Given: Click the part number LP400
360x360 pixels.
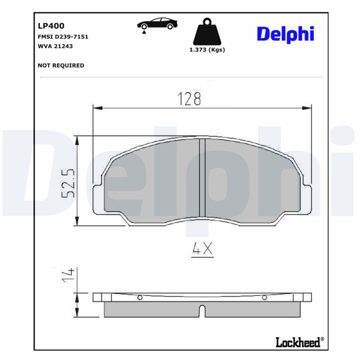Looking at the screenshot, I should click(51, 27).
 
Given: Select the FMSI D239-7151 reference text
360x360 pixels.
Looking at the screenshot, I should click(63, 37).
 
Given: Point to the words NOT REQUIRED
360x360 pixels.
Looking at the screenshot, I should click(61, 65).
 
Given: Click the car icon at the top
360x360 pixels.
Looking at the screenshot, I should click(157, 24).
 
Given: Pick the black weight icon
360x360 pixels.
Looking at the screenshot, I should click(207, 31).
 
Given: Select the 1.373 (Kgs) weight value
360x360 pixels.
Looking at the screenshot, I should click(207, 50).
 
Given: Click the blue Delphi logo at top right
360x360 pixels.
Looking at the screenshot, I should click(285, 34).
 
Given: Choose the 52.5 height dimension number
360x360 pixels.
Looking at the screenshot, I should click(68, 183).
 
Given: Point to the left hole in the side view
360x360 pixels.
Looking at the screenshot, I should click(140, 297).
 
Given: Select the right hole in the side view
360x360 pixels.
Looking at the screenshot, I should click(265, 297).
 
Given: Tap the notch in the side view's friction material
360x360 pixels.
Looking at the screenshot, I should click(202, 311).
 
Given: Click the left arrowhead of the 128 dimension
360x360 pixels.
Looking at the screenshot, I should click(98, 108).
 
